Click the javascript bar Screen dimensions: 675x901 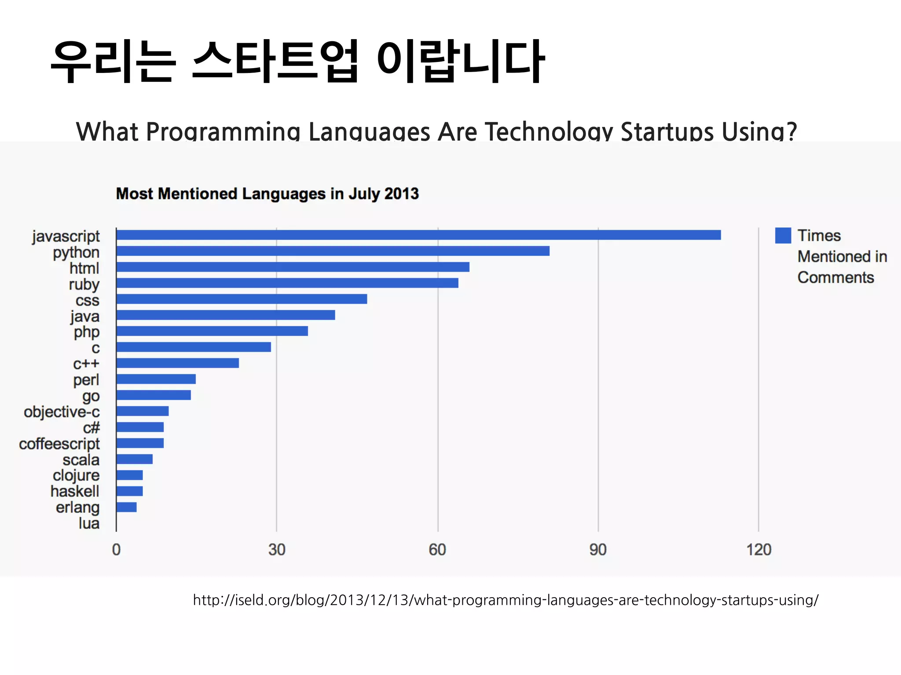pos(418,235)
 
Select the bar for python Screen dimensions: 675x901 pos(333,251)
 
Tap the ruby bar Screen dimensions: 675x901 pos(287,283)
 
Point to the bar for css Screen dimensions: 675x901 pos(242,299)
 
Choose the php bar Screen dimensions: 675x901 pos(212,331)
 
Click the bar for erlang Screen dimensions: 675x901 pos(127,507)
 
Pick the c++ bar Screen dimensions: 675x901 pos(178,363)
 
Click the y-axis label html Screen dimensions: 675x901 pos(84,268)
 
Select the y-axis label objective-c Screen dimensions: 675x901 pos(62,412)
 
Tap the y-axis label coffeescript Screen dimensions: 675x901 pos(59,444)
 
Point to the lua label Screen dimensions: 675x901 pos(89,523)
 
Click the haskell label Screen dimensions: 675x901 pos(75,491)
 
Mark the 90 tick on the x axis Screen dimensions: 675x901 pos(598,550)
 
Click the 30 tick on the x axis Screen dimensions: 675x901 pos(277,550)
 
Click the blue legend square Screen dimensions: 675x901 pos(783,236)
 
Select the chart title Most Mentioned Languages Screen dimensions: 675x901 pos(267,194)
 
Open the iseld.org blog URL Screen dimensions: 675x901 pos(505,600)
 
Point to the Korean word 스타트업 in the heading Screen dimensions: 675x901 pos(275,61)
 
